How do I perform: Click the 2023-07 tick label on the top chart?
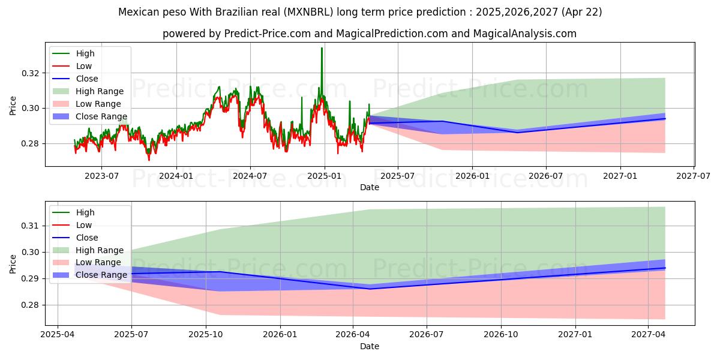point(101,176)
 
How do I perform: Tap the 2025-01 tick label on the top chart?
point(325,176)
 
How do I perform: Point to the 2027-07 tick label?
point(694,176)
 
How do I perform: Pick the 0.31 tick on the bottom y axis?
point(30,226)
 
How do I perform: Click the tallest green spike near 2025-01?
point(322,49)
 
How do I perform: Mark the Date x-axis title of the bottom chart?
point(370,346)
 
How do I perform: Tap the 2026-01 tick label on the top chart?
point(472,176)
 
